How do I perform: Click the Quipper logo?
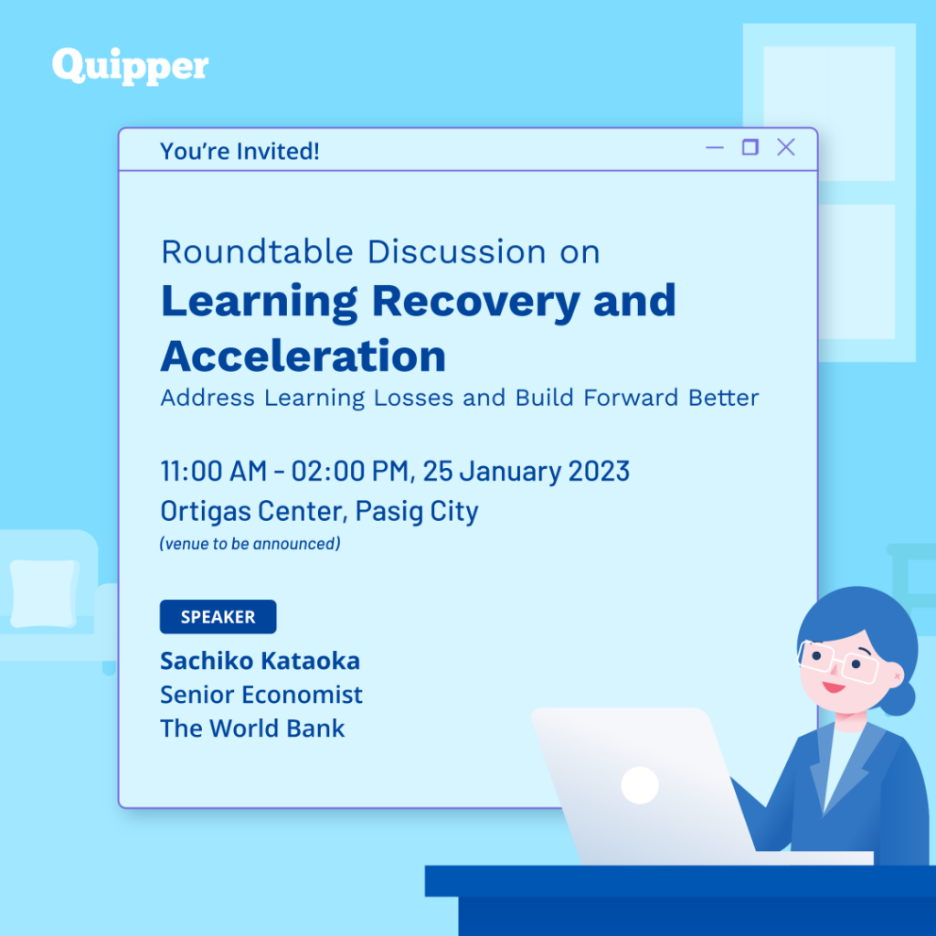pos(130,66)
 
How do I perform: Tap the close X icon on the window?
pos(785,147)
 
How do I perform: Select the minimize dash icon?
pos(715,147)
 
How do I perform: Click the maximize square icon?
pos(750,147)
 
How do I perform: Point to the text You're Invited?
pos(239,151)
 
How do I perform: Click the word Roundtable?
pos(257,251)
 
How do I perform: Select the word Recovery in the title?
pos(475,302)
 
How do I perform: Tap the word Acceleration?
pos(303,356)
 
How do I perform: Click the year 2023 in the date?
pos(599,471)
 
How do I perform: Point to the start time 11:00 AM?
pos(214,471)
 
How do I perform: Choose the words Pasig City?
pos(417,512)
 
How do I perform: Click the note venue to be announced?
pos(250,544)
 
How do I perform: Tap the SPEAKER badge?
pos(218,617)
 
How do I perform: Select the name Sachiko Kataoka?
pos(260,661)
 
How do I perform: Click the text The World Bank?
pos(252,729)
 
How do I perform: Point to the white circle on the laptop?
pos(640,785)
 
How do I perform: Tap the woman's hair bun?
pos(898,697)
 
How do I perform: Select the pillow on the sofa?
pos(44,593)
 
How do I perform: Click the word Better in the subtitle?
pos(724,398)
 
